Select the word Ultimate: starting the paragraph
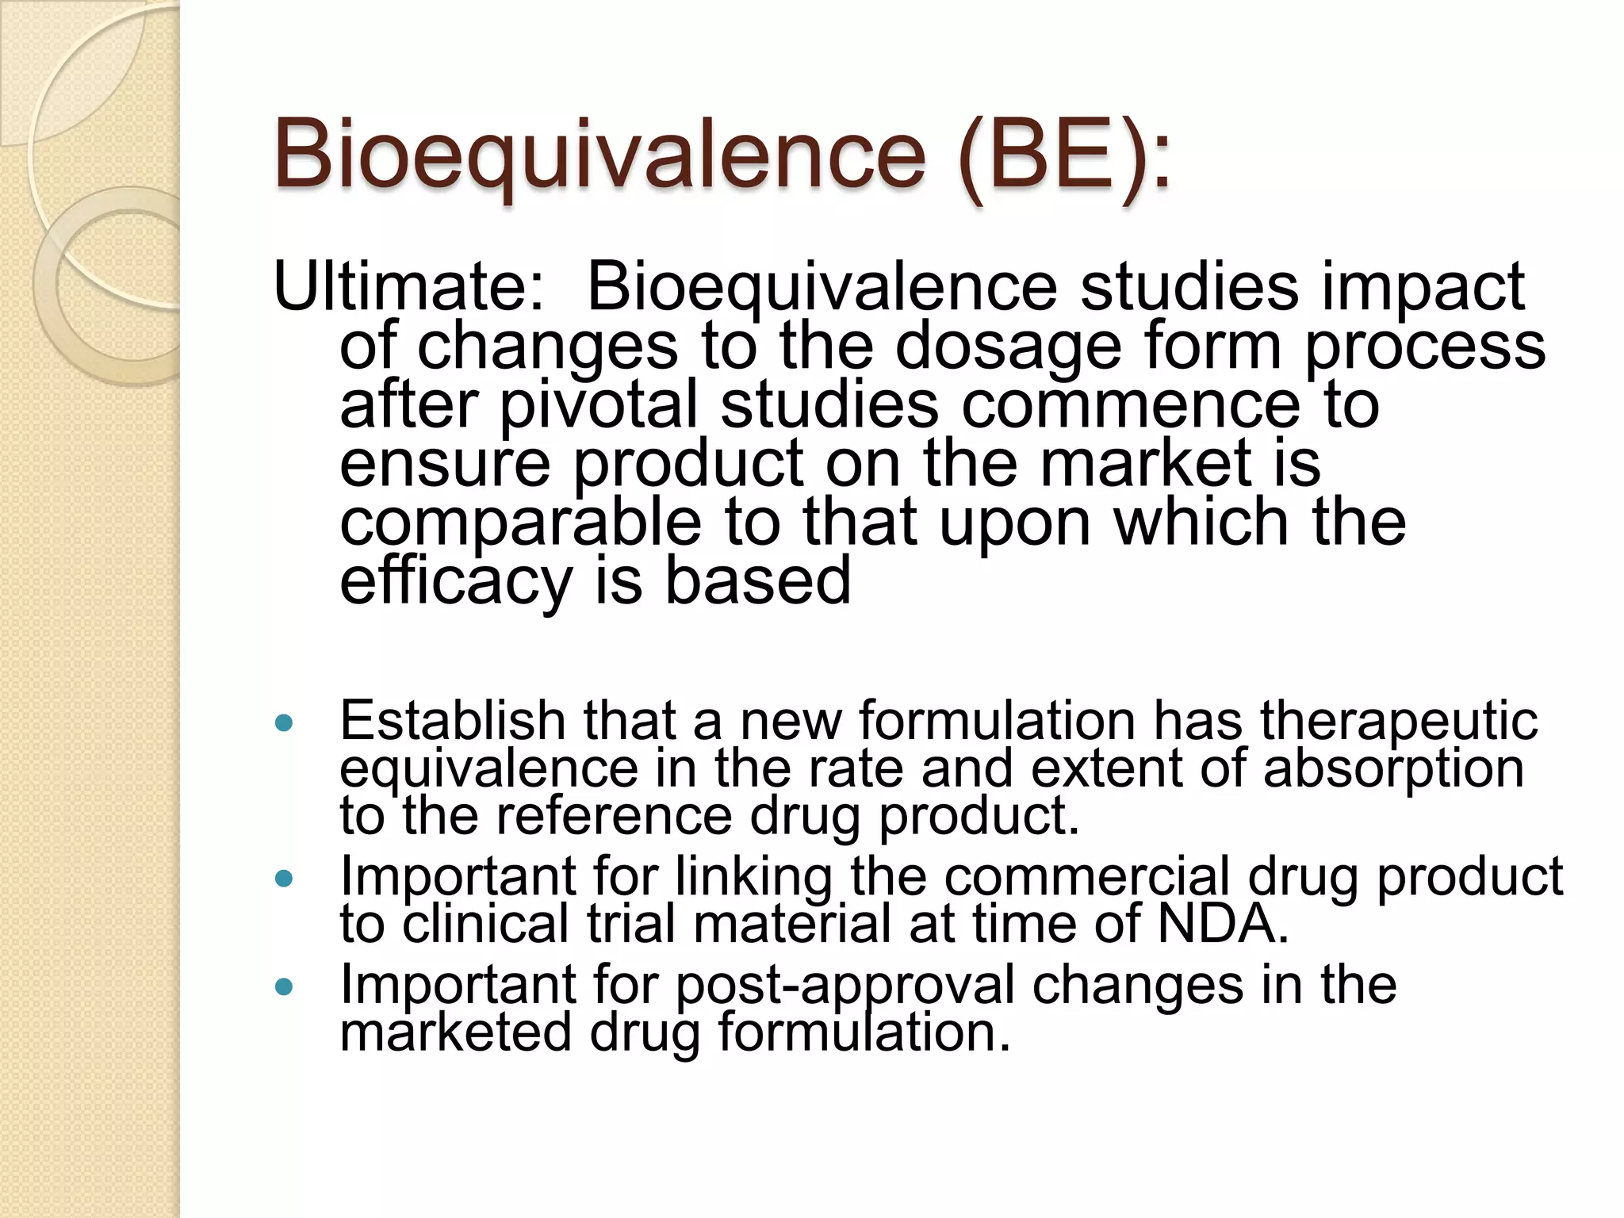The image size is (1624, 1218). (x=409, y=287)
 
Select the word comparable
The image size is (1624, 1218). (x=520, y=523)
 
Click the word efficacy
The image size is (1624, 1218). (x=455, y=582)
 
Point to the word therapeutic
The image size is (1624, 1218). (x=1399, y=722)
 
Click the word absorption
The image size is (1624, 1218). (x=1393, y=769)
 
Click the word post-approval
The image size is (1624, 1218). (x=845, y=986)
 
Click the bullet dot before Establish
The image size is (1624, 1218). (x=282, y=723)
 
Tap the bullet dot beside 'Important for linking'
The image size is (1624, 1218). (x=282, y=879)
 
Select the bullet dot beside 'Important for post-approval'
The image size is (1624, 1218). (x=282, y=987)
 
